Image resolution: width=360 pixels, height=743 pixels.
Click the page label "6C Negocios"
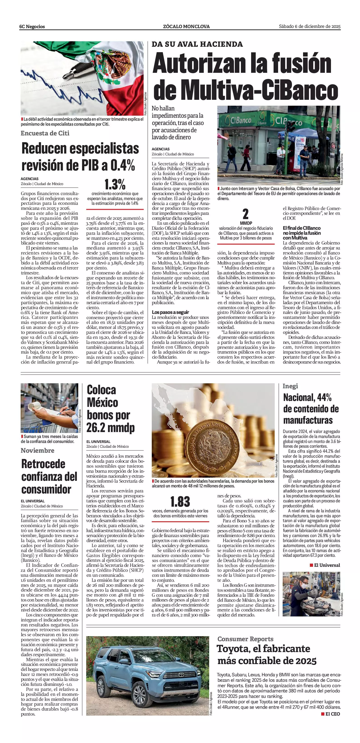32,27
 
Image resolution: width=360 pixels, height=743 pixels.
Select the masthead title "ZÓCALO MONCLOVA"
186,27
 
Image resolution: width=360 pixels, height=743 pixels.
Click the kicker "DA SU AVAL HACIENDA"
197,44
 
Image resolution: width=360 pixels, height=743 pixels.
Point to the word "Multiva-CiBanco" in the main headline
245,90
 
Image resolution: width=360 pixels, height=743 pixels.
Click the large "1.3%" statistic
115,184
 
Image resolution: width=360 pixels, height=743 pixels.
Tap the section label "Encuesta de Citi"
45,133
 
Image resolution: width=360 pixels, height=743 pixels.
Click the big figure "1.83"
180,502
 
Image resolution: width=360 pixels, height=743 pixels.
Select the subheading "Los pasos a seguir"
171,312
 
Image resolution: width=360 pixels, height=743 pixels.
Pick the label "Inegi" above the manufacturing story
290,386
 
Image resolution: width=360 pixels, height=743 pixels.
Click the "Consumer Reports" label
245,639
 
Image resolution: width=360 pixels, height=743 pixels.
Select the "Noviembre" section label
37,450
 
